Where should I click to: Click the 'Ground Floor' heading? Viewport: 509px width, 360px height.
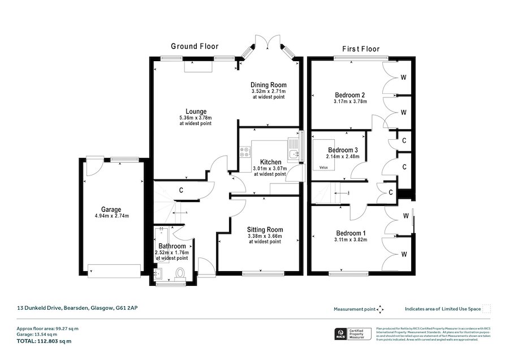click(x=195, y=46)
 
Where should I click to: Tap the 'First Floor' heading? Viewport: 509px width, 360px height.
click(x=361, y=49)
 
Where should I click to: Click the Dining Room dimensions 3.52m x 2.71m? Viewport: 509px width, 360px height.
click(x=269, y=91)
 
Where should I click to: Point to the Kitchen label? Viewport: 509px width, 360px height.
click(x=270, y=162)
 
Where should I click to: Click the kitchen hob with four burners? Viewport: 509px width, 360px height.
click(x=246, y=152)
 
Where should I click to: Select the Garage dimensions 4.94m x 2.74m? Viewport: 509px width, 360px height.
click(x=111, y=216)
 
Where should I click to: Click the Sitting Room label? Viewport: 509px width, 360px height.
click(x=265, y=229)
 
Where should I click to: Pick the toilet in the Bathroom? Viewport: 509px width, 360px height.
click(x=181, y=274)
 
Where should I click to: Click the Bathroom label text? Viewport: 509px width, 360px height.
click(x=172, y=246)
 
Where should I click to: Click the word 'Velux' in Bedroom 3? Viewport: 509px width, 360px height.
click(x=323, y=168)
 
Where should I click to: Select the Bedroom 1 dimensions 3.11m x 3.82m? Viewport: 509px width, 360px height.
click(x=351, y=239)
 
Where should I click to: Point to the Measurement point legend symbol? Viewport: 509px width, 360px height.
click(x=380, y=309)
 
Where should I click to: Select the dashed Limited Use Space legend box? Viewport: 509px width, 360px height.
click(x=486, y=309)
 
